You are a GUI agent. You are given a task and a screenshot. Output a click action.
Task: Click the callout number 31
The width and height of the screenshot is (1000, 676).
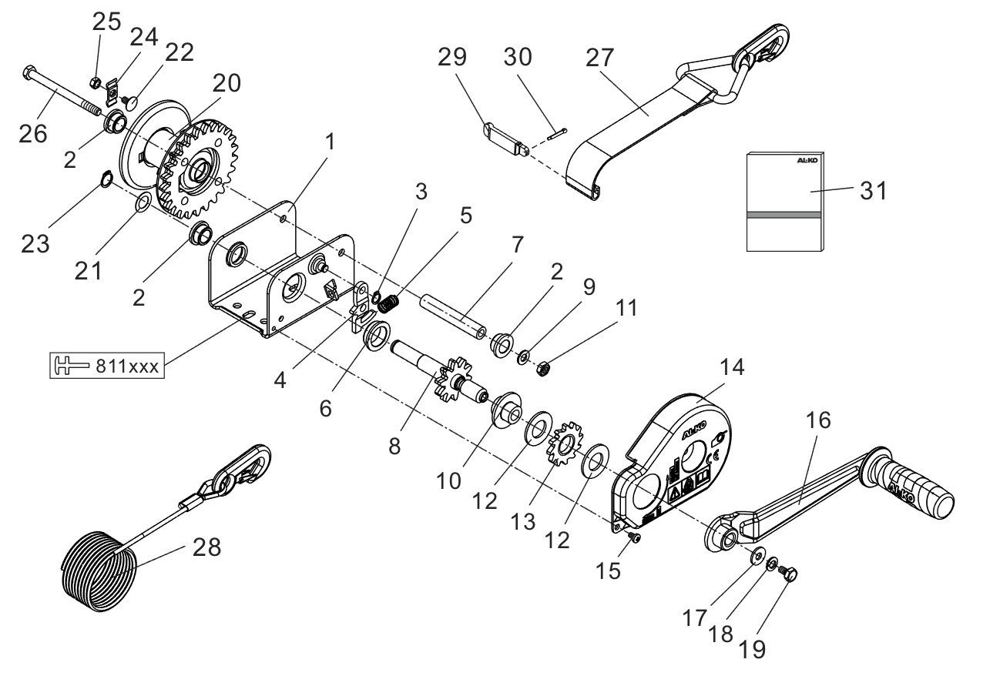(x=874, y=190)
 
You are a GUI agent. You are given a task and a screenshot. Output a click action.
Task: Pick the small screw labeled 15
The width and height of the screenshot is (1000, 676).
(x=634, y=537)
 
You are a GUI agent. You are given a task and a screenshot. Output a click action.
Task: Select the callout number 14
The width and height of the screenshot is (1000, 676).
(x=733, y=367)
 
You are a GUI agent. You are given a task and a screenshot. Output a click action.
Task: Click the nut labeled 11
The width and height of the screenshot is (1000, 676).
(x=541, y=367)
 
